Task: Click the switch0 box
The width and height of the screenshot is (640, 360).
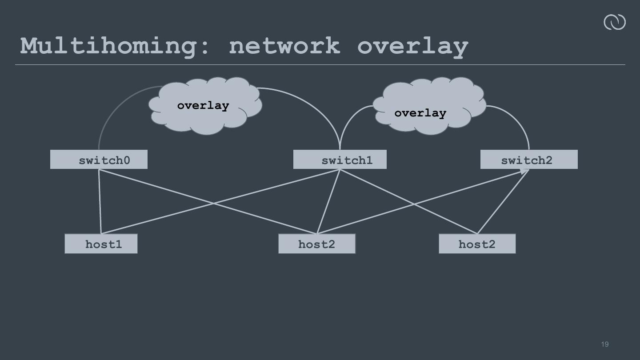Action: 99,160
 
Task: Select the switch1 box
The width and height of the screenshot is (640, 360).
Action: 340,160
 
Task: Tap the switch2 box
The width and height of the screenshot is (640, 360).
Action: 529,160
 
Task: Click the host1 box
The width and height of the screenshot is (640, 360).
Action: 101,244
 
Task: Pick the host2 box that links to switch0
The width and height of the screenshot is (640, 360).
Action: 317,244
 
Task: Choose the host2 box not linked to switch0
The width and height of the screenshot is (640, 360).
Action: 477,244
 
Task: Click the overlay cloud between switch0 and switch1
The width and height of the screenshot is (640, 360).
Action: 204,106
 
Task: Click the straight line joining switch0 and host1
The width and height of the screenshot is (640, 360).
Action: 100,202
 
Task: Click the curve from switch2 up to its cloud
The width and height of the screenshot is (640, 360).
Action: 518,120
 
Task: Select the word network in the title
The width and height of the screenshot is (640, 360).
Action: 284,46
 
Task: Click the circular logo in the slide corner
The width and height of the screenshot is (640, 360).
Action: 614,22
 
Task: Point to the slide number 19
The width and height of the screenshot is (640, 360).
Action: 604,344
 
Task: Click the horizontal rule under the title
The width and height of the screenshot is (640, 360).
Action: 320,65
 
